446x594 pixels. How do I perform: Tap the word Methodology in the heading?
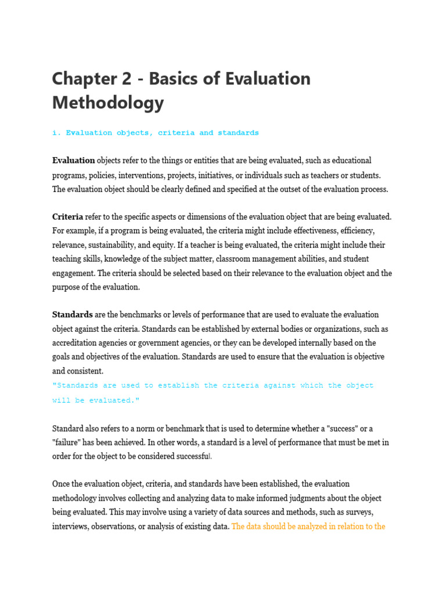(108, 103)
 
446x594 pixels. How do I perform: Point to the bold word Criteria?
(67, 217)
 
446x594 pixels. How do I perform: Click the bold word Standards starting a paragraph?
(73, 315)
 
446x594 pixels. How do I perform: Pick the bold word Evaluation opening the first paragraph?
(74, 161)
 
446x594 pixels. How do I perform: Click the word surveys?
(358, 512)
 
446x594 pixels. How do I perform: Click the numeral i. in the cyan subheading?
(56, 133)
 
